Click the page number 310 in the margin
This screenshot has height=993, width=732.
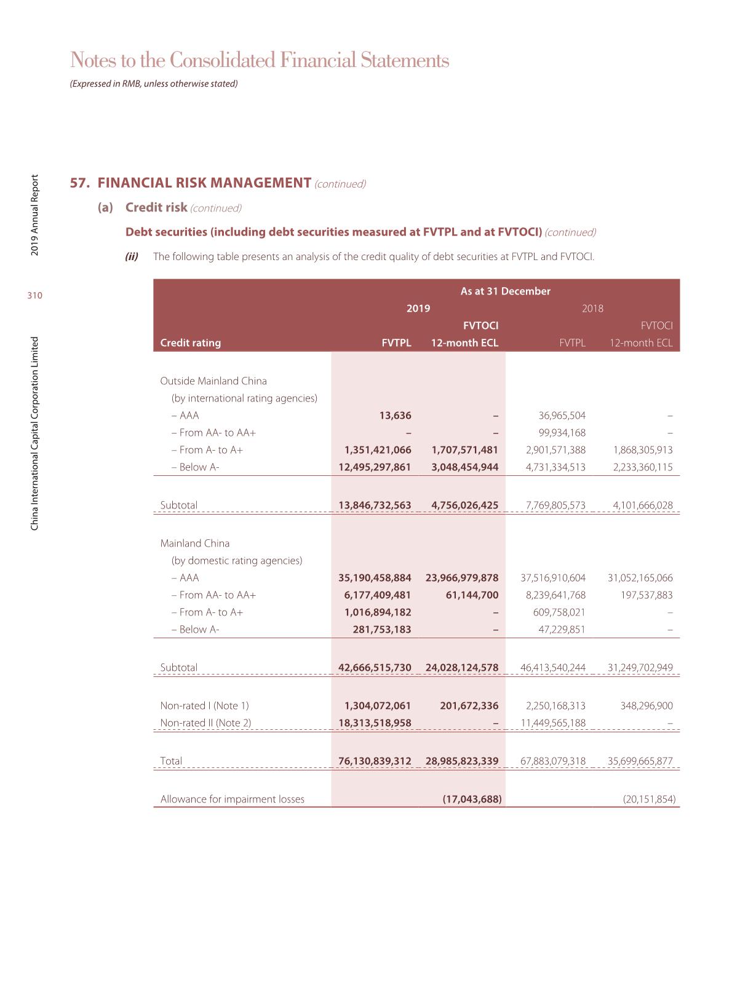tap(35, 296)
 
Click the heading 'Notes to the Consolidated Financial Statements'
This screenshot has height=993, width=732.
tap(260, 60)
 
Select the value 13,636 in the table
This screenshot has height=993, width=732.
tap(395, 416)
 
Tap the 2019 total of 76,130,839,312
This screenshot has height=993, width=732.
tap(375, 761)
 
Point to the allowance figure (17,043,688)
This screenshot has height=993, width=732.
tap(472, 799)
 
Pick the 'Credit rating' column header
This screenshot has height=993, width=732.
tap(190, 343)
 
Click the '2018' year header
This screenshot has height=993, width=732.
tap(592, 309)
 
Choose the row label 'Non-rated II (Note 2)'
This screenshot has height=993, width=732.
tap(205, 723)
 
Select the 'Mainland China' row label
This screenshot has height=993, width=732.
tap(194, 544)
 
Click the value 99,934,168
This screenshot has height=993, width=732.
tap(562, 433)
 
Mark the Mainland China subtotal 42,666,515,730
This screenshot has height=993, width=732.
tap(375, 668)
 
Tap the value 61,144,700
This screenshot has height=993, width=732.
tap(472, 595)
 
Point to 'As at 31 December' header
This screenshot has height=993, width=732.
tap(505, 291)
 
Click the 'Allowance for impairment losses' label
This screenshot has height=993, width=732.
tap(232, 799)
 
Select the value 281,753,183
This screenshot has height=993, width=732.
tap(381, 630)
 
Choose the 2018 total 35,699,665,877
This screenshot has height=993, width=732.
tap(640, 761)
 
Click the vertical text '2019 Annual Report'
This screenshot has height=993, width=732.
tap(35, 215)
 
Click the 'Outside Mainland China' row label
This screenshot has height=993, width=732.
tap(213, 381)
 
